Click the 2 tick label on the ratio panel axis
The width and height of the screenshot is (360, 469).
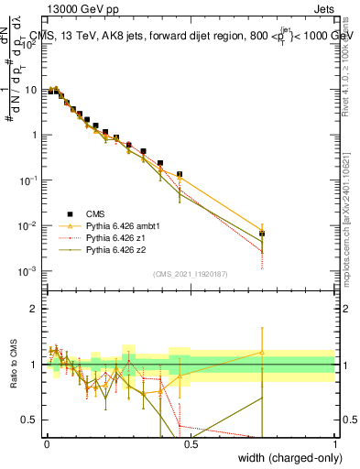35,309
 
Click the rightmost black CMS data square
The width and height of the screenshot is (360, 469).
262,234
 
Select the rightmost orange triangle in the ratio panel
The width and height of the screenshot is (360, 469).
262,352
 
